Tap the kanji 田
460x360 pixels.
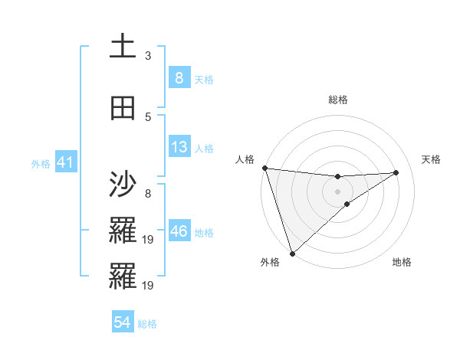click(x=122, y=109)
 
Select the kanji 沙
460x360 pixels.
click(x=122, y=185)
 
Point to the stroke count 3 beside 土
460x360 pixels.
click(x=148, y=55)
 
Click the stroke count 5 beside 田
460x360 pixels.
click(x=148, y=116)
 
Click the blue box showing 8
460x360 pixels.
click(x=179, y=78)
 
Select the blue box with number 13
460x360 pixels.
click(x=179, y=147)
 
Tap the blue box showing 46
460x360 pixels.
click(x=179, y=231)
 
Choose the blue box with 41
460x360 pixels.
click(x=65, y=162)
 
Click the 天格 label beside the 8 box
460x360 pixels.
click(x=203, y=80)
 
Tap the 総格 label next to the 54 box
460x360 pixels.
click(x=147, y=324)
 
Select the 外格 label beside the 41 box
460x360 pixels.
click(x=41, y=163)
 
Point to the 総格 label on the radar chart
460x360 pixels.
click(x=337, y=100)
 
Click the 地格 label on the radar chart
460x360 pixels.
click(x=402, y=262)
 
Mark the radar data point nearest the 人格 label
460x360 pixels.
click(x=264, y=168)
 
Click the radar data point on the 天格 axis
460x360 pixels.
click(x=396, y=172)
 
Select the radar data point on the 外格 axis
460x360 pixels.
click(x=292, y=253)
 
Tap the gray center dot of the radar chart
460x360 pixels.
click(x=337, y=191)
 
